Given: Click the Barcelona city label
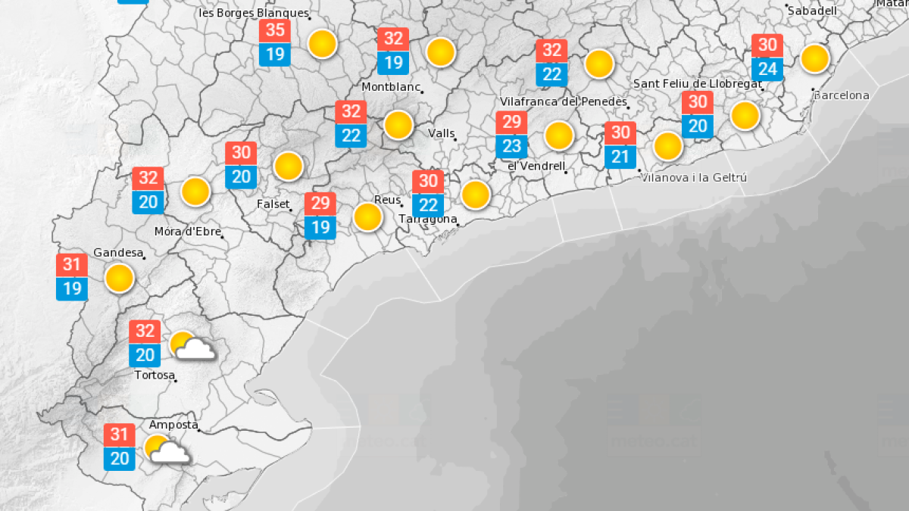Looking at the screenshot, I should [841, 95].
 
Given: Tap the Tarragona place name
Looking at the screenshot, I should [428, 220].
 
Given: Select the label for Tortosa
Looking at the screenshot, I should [155, 375].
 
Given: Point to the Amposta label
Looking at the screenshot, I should [173, 425].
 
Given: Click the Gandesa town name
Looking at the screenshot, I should [117, 252].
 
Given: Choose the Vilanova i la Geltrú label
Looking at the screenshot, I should [694, 177].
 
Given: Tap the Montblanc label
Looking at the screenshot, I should [391, 87].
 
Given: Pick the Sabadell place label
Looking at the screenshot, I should [811, 11].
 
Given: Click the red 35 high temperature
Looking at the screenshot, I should [275, 31].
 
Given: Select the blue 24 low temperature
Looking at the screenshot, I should [767, 70].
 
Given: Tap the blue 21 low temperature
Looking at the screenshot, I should [620, 157].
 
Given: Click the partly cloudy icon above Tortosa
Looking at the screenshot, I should [190, 346].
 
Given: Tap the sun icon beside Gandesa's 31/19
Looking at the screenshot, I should [119, 278].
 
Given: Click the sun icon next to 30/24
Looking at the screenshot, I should [815, 58].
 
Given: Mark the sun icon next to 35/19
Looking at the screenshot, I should [323, 44].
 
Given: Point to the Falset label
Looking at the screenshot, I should [274, 204].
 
